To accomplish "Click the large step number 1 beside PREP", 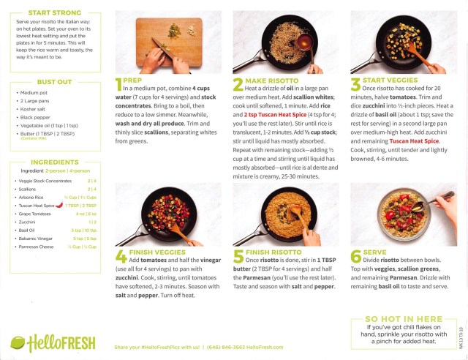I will (120, 86).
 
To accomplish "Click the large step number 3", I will (356, 86).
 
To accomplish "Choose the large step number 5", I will (238, 257).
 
